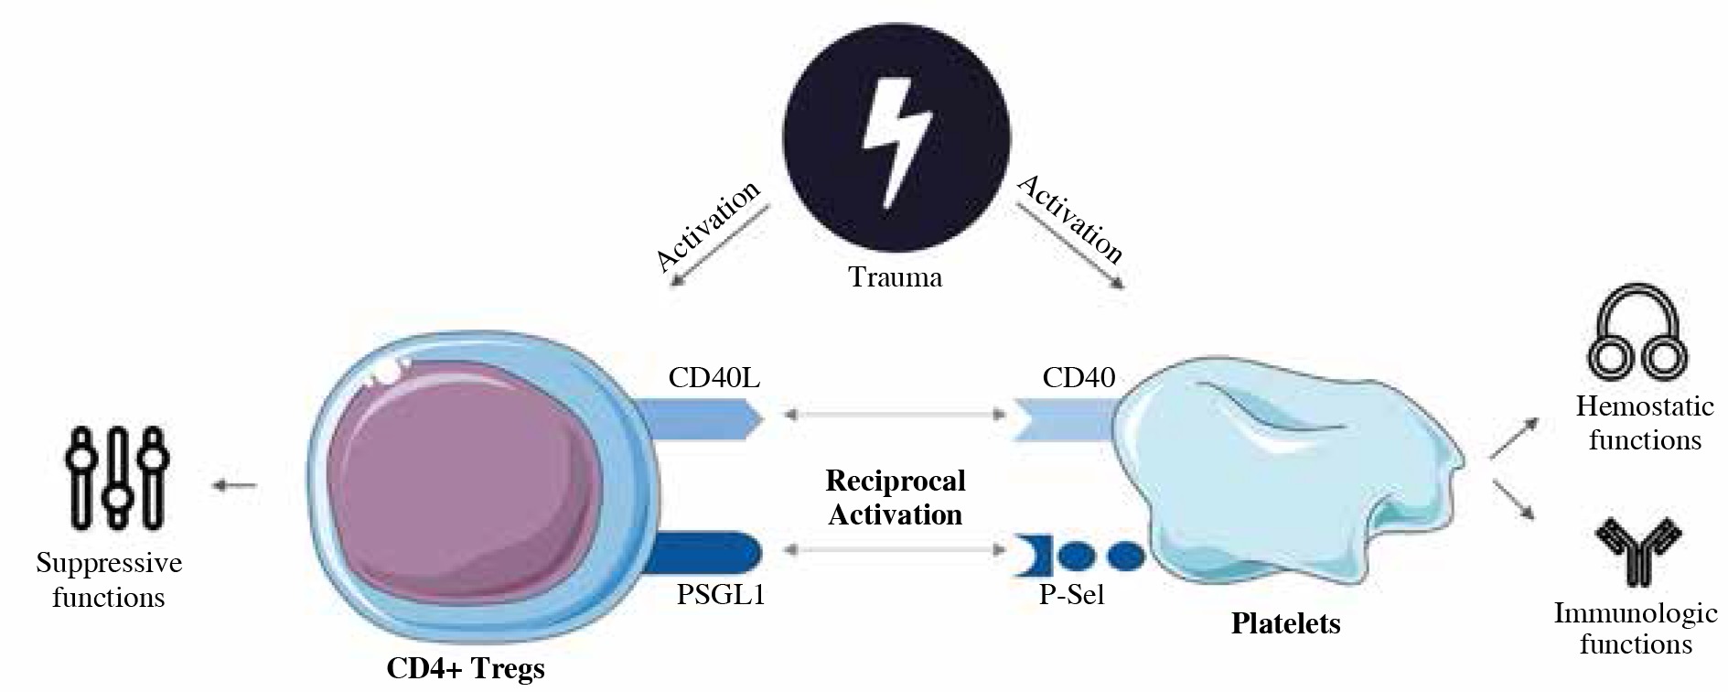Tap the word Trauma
point(896,276)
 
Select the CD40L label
point(714,377)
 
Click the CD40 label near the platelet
point(1079,377)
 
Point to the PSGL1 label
point(721,595)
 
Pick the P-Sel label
point(1072,595)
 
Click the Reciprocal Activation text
point(896,498)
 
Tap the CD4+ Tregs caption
point(466,668)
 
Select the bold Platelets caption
point(1285,624)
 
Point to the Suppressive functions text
point(109,580)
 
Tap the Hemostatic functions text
point(1645,423)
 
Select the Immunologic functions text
point(1636,628)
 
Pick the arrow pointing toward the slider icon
point(235,485)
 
